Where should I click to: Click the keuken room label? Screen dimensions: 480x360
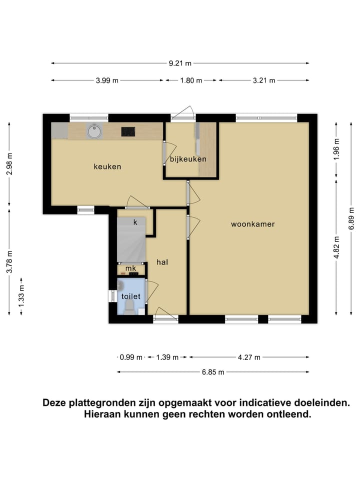click(107, 166)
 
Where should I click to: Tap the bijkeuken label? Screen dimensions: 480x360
click(188, 159)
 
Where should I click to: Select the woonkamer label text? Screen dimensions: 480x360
click(252, 224)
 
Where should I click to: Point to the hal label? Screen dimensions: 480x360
click(161, 262)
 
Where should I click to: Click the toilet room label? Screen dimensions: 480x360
click(131, 296)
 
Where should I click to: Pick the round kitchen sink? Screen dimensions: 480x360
click(93, 131)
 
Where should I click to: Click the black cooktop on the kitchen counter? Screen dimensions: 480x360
click(128, 131)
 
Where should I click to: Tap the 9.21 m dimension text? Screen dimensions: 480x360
click(180, 63)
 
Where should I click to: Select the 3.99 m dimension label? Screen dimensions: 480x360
click(107, 80)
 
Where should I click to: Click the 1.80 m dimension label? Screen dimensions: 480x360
click(191, 80)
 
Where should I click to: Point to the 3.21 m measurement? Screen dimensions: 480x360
click(264, 80)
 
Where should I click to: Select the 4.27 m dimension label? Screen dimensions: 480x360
click(249, 357)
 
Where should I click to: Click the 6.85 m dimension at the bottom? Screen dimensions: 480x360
click(213, 371)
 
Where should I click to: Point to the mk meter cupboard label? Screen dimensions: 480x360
click(130, 268)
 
